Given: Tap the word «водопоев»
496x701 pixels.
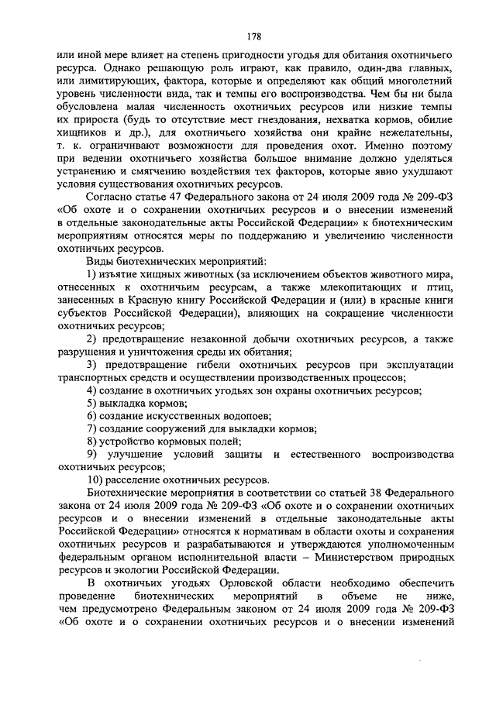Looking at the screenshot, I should [236, 416].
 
